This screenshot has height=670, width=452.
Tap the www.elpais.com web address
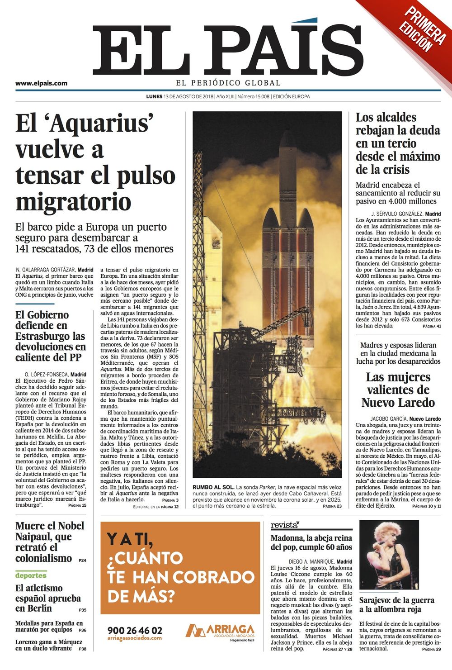point(41,83)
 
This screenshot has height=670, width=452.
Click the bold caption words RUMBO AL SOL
point(213,487)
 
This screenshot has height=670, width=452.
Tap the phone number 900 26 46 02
point(135,630)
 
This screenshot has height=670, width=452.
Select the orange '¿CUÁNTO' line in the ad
point(145,558)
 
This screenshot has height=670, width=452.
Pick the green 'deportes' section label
point(31,575)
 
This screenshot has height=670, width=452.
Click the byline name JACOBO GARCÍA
point(389,419)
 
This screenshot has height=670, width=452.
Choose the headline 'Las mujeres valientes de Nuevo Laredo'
point(398,390)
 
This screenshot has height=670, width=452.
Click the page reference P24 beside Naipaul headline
point(82,561)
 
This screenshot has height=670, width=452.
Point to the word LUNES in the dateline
point(154,96)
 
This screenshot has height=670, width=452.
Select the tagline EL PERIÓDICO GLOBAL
point(228,83)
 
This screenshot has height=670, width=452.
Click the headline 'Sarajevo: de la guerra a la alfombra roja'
point(396,605)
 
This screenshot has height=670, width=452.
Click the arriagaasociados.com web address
point(134,638)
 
